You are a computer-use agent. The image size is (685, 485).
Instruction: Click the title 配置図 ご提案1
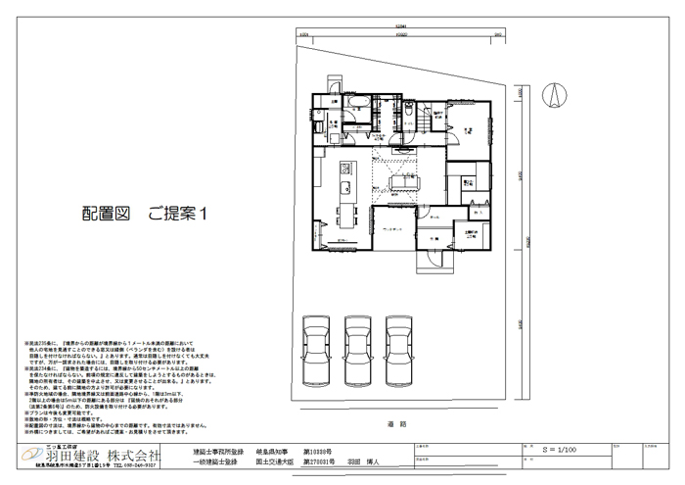pos(148,212)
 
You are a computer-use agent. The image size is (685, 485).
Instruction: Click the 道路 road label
pos(396,424)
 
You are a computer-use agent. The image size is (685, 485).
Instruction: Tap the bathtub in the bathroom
pos(355,102)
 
